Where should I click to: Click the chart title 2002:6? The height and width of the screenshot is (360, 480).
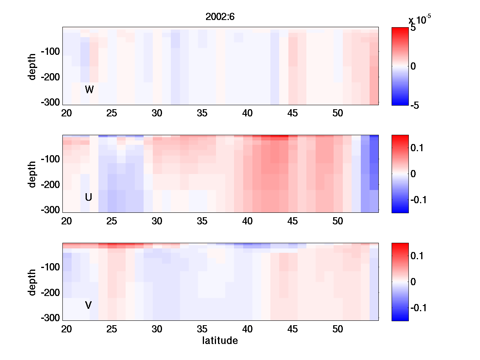click(x=220, y=17)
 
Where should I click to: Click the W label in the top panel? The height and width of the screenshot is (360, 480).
click(x=89, y=90)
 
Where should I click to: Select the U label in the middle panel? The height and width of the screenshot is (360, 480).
click(x=89, y=197)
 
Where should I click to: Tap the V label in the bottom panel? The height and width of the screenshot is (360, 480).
click(x=88, y=305)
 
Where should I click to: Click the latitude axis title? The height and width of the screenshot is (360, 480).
click(x=220, y=341)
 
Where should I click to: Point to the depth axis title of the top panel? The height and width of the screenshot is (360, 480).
click(x=32, y=66)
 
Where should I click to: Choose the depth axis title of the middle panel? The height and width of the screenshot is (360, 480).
click(x=32, y=174)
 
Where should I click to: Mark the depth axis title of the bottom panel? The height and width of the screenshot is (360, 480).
click(x=32, y=282)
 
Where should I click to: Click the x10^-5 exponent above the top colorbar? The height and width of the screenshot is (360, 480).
click(x=420, y=20)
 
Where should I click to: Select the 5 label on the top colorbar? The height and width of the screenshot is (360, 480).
click(x=413, y=28)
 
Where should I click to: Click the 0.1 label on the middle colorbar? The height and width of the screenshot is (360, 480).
click(x=417, y=148)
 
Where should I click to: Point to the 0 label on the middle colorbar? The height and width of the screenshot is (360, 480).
click(x=413, y=174)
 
